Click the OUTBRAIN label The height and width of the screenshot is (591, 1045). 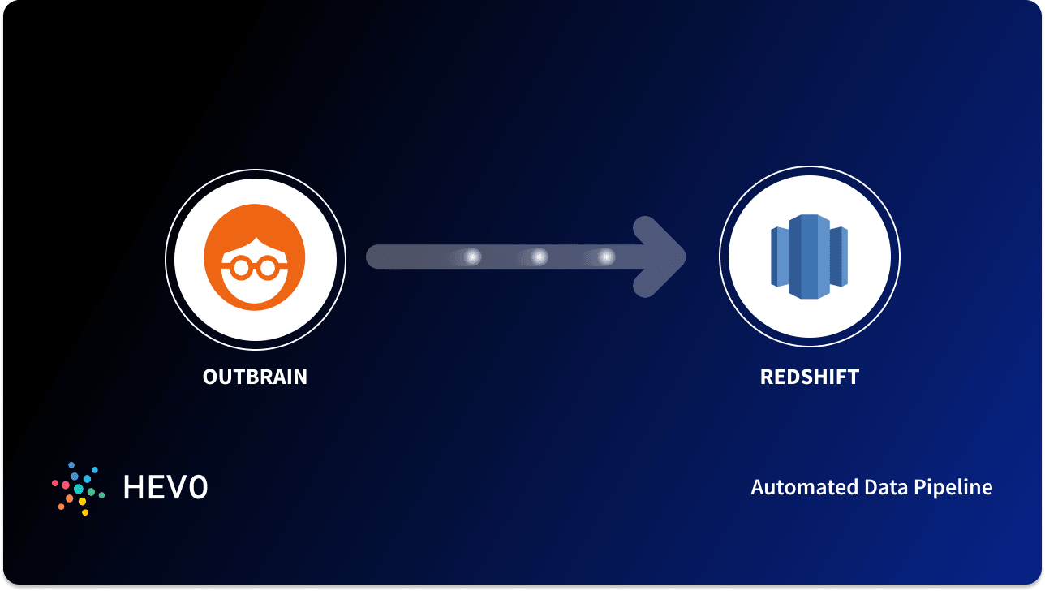click(x=255, y=377)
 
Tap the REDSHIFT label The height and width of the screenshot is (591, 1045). click(x=809, y=377)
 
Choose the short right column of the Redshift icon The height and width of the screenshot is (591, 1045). click(x=839, y=256)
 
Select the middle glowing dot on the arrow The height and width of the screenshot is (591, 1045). click(x=539, y=257)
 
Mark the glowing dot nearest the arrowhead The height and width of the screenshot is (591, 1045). click(x=606, y=257)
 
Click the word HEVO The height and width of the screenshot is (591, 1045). click(x=166, y=487)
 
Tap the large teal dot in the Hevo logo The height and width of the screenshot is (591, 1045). click(x=79, y=488)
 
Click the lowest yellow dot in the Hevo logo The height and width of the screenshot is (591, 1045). click(x=84, y=512)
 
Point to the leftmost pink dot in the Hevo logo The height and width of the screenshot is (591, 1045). click(x=55, y=483)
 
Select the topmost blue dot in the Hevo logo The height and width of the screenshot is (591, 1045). click(x=71, y=464)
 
